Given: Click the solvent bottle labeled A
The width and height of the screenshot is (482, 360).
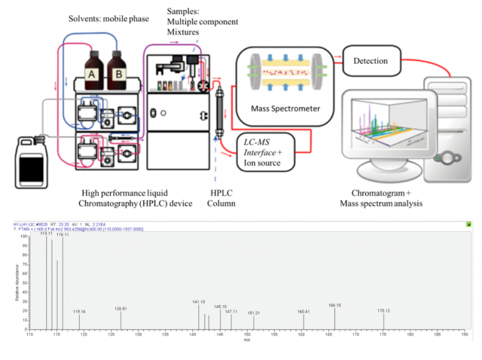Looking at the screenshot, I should pos(93,68).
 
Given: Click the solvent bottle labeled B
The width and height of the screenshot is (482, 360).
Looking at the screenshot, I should pos(119,68).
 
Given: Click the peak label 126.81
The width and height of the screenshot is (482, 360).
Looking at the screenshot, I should pos(121,309).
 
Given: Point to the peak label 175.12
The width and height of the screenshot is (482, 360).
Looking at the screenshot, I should pos(384,311).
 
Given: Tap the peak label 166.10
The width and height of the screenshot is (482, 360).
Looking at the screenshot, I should pos(335,305).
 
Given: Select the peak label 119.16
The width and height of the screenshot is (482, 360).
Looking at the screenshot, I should pos(80,311).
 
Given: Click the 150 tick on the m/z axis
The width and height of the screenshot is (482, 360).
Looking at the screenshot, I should pos(247,333).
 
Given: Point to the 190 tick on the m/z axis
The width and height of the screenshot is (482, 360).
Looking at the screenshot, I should pos(465,333).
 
